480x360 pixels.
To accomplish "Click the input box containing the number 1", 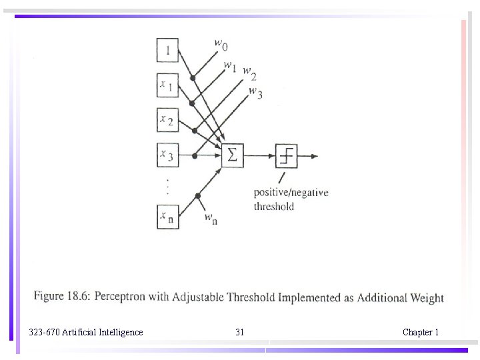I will pos(167,50).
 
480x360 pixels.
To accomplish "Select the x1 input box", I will pos(167,85).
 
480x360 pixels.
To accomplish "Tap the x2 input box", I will pos(167,121).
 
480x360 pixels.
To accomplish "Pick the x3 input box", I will pos(167,156).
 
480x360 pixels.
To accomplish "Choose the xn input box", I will pos(167,217).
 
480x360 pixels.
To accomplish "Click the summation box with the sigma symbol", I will pos(232,156).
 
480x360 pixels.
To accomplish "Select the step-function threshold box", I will pos(287,156).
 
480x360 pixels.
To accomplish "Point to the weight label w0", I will pos(221,44).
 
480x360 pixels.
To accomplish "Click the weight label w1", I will pos(230,66).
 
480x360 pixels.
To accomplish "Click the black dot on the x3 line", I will pos(194,156).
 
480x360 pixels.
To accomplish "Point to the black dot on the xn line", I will pos(197,196).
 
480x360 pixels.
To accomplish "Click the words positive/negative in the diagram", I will pos(291,193).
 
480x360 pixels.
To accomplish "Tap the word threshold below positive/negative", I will pos(273,207).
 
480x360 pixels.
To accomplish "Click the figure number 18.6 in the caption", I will pos(80,296).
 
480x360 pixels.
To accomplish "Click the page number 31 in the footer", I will pos(240,332).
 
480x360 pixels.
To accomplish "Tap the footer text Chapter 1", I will pos(420,332).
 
